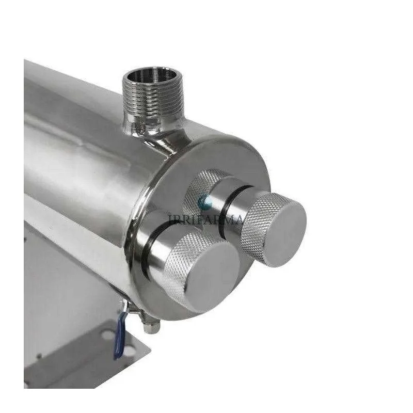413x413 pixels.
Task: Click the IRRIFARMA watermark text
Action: [206, 219]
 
